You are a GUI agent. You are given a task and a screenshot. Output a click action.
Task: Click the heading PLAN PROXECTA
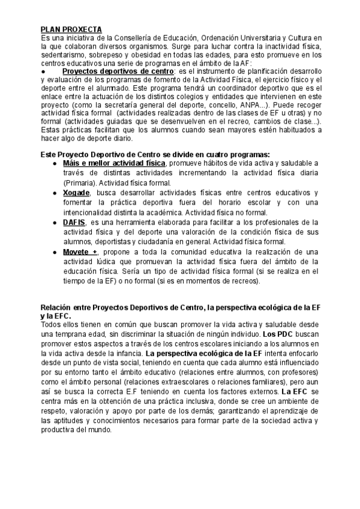coord(71,29)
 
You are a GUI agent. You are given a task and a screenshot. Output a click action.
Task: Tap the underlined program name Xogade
coord(76,193)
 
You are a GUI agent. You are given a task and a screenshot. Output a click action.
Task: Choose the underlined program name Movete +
coord(80,251)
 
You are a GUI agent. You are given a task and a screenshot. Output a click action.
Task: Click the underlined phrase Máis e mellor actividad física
coord(114,163)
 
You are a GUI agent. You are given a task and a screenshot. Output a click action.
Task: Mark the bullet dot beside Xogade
coord(55,193)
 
